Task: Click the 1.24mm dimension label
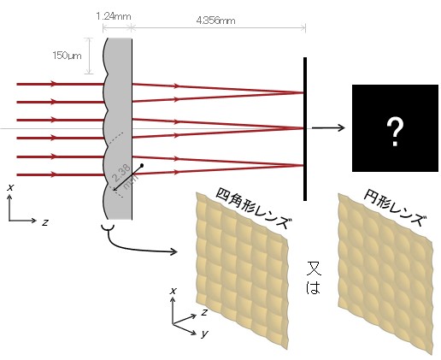(x=114, y=16)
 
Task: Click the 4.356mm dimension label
(x=215, y=21)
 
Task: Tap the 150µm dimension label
(x=67, y=56)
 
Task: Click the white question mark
(x=395, y=133)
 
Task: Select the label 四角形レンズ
(x=254, y=208)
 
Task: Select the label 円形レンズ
(x=395, y=208)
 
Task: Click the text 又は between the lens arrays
(x=314, y=277)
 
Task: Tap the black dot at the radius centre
(x=142, y=165)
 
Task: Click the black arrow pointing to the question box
(x=328, y=127)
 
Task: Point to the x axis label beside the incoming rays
(x=10, y=187)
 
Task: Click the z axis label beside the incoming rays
(x=44, y=222)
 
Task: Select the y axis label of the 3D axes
(x=204, y=333)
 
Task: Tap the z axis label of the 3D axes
(x=203, y=312)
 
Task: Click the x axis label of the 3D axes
(x=173, y=291)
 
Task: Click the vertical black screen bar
(x=305, y=129)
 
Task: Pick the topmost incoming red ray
(x=61, y=84)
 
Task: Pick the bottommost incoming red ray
(x=61, y=174)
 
